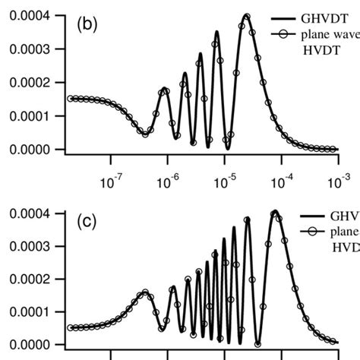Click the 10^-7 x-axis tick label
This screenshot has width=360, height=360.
[x=111, y=181]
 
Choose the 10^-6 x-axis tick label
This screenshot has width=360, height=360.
[x=168, y=181]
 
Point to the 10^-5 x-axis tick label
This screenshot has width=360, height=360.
[x=225, y=181]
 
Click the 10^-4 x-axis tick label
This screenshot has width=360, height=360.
[x=282, y=181]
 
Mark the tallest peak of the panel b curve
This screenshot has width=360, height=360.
[x=246, y=14]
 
